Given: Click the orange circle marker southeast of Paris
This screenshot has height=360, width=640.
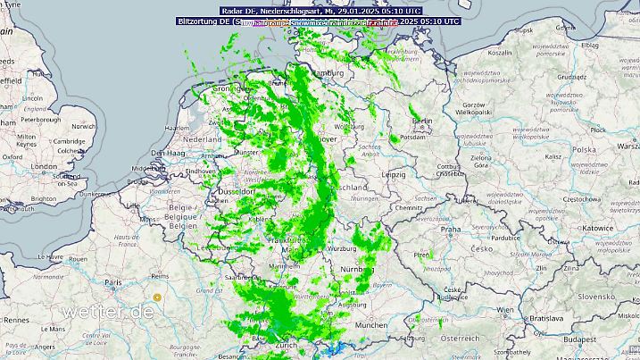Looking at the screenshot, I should pos(157,297).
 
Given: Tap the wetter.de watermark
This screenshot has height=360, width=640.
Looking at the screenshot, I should pos(107,312).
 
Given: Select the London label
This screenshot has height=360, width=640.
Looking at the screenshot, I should pos(43,166).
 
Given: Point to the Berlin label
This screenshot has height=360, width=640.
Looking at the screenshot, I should pos(421,121).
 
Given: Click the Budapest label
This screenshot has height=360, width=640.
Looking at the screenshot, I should pos(611,339).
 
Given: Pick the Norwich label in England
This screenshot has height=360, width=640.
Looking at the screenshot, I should pos(83,127).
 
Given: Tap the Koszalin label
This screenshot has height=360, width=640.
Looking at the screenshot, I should pos(499,53).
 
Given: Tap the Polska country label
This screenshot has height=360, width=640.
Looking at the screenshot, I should pos(584,150).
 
